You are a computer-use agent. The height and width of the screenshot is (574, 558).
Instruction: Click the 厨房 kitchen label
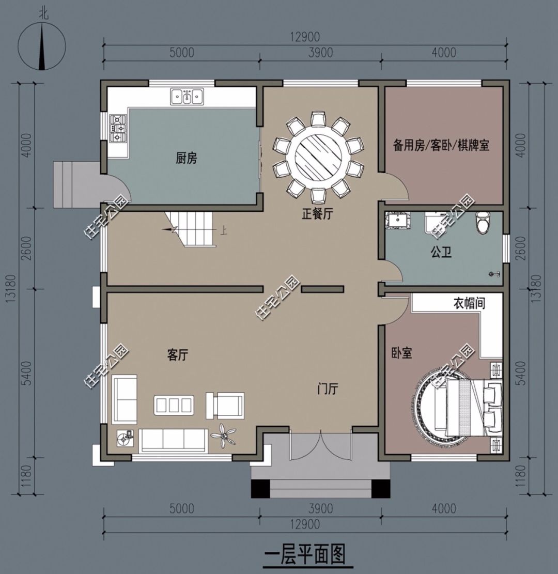tap(187, 159)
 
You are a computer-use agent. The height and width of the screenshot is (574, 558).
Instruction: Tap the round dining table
tap(319, 158)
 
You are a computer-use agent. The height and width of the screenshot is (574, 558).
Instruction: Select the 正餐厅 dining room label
tap(317, 214)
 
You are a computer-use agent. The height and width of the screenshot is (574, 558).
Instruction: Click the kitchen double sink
tap(187, 97)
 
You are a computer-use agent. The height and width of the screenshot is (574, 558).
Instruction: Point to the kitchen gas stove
tap(118, 128)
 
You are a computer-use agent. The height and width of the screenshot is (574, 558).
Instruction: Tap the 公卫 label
tap(441, 252)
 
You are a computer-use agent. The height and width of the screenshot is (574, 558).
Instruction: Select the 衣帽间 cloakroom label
tap(470, 303)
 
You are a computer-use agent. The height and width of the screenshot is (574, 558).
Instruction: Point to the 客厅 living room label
tap(178, 355)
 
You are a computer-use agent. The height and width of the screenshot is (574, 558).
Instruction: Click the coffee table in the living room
tap(174, 405)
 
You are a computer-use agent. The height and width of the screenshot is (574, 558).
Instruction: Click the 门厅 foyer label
tap(328, 389)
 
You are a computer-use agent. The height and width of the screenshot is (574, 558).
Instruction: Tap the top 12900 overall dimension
tap(305, 37)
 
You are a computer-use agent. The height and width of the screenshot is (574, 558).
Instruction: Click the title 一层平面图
tap(305, 554)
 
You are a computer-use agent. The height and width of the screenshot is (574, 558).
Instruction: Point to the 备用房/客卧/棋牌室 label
tap(441, 145)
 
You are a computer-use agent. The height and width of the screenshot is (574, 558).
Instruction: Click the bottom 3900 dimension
tap(321, 508)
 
